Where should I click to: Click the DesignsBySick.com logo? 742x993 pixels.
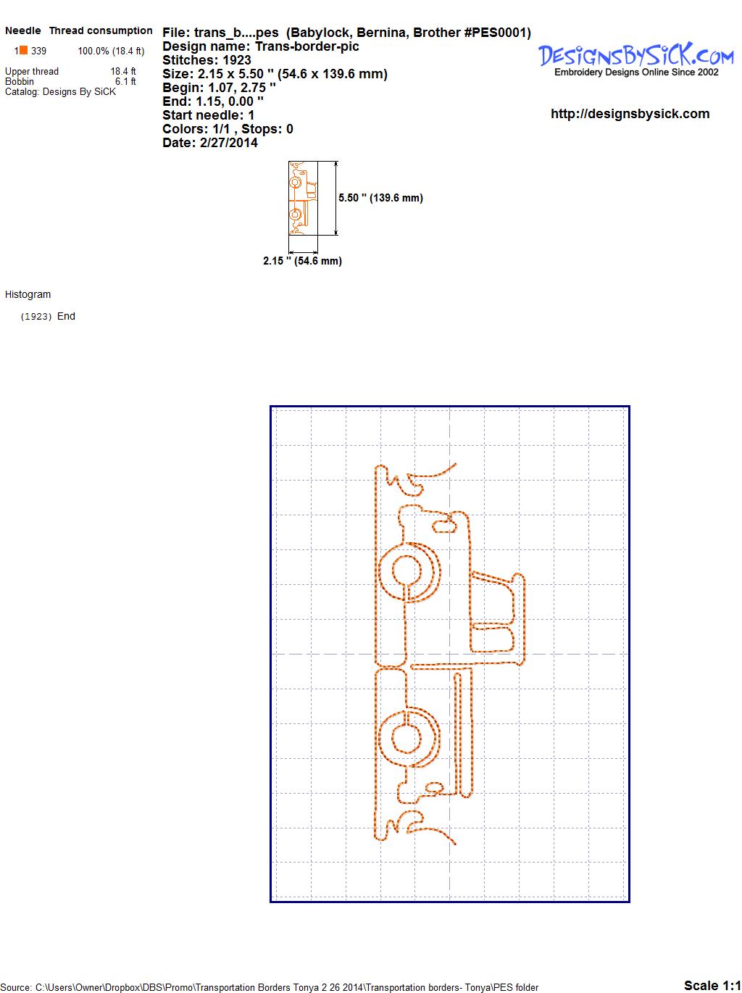[x=635, y=59]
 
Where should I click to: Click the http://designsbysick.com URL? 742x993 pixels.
[x=630, y=114]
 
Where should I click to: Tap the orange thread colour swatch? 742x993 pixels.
[x=23, y=50]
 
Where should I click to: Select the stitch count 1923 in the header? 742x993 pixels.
[x=236, y=60]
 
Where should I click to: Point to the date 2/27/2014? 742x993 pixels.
[x=228, y=143]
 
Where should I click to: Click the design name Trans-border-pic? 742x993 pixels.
[x=307, y=46]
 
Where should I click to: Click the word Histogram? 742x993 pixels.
[x=28, y=294]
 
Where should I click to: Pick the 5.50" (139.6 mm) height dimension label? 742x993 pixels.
[x=380, y=198]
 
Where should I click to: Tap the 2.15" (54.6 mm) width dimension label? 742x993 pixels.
[x=302, y=261]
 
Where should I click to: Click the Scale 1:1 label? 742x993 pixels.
[x=712, y=985]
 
